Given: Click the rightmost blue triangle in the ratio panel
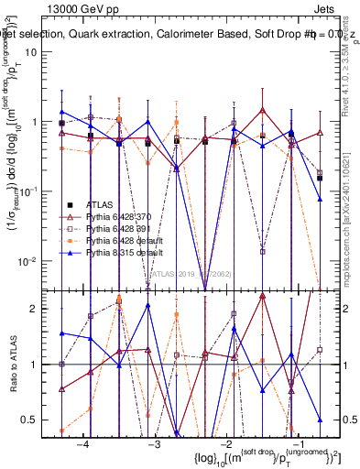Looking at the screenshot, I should coord(320,420).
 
